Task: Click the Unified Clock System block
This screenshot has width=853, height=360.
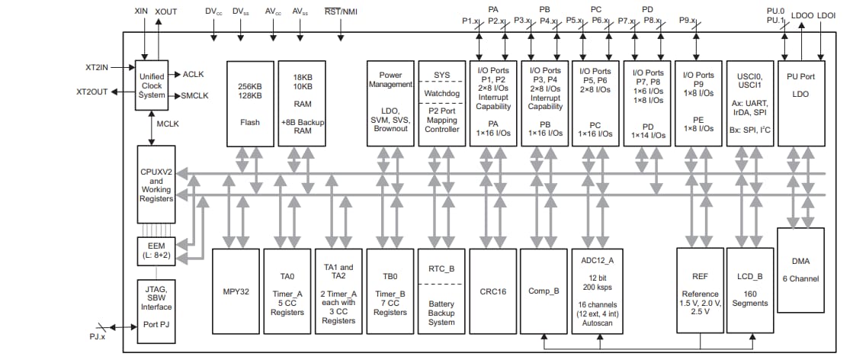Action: click(x=152, y=85)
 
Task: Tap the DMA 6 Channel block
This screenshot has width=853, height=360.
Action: click(x=800, y=269)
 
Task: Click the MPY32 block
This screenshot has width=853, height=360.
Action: click(x=236, y=291)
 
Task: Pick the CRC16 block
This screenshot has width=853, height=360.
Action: click(x=492, y=291)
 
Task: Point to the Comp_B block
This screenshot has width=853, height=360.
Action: click(x=544, y=291)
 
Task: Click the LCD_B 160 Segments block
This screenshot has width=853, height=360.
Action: click(x=750, y=291)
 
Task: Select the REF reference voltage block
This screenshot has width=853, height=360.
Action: click(x=699, y=291)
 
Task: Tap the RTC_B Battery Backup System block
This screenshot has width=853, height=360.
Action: click(x=441, y=291)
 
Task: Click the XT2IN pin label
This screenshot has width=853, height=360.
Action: click(x=98, y=67)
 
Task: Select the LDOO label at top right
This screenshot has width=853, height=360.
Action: click(x=802, y=14)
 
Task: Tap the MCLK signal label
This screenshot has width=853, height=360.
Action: click(x=168, y=124)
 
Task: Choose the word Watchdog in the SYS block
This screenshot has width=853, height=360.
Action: click(x=441, y=94)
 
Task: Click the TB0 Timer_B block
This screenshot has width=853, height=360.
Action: click(x=390, y=291)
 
